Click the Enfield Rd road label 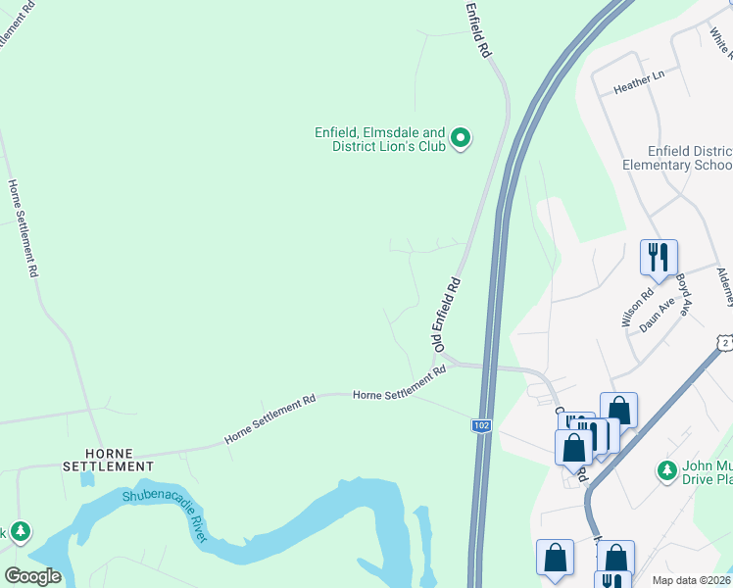[478, 32]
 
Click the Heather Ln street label [638, 81]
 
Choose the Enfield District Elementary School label [677, 159]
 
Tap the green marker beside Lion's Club [462, 139]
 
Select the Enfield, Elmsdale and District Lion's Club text [379, 139]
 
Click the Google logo [32, 576]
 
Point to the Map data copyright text [691, 579]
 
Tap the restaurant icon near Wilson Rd [657, 258]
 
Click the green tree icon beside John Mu [667, 471]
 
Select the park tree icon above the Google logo [20, 532]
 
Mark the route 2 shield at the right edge [724, 342]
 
